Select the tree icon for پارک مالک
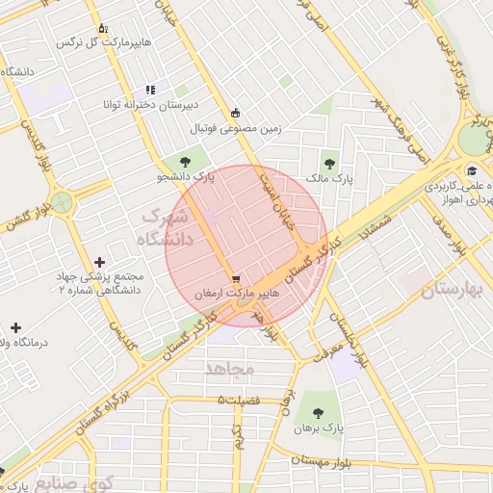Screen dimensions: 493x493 330,164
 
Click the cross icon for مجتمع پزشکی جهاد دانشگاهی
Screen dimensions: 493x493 100,262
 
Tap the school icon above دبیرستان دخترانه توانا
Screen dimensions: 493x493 149,90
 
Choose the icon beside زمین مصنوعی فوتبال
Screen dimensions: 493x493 236,113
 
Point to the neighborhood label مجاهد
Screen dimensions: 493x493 228,368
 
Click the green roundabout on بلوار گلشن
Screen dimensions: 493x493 63,203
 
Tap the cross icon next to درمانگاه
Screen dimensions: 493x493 15,327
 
